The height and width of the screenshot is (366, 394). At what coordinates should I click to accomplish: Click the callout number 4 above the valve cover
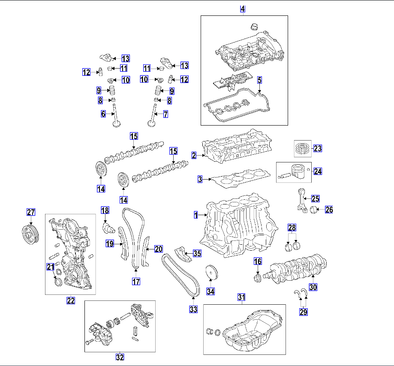[243, 9]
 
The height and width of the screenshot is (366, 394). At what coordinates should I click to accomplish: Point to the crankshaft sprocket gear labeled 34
[210, 273]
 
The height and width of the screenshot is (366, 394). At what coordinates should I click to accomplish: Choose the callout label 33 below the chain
[193, 309]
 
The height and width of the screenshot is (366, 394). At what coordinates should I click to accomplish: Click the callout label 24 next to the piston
[317, 171]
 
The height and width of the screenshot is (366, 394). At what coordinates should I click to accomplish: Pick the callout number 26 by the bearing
[329, 210]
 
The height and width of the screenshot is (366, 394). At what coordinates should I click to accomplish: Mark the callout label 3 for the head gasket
[200, 180]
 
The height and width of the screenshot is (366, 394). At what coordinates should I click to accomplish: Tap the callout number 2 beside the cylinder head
[194, 156]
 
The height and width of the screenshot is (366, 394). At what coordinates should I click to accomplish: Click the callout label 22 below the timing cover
[70, 300]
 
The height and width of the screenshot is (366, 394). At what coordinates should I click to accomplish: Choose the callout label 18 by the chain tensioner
[105, 210]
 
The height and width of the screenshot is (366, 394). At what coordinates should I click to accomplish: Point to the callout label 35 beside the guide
[197, 253]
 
